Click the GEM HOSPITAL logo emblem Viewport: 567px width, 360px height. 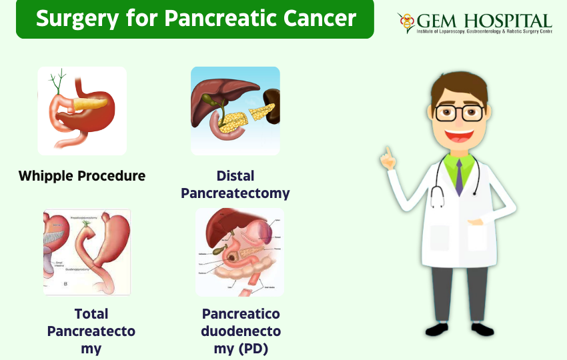tap(406, 21)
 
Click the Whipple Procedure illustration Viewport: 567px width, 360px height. tap(82, 111)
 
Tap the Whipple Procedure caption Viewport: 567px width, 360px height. tap(82, 176)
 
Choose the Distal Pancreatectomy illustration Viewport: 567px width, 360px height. tap(235, 111)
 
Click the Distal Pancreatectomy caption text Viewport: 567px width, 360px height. tap(235, 185)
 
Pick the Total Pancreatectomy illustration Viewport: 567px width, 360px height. tap(87, 251)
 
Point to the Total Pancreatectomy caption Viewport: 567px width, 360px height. tap(91, 331)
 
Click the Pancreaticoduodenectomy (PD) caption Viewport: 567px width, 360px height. tap(240, 331)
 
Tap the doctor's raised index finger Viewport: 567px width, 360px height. tap(385, 151)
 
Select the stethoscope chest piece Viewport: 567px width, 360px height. tap(437, 201)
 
